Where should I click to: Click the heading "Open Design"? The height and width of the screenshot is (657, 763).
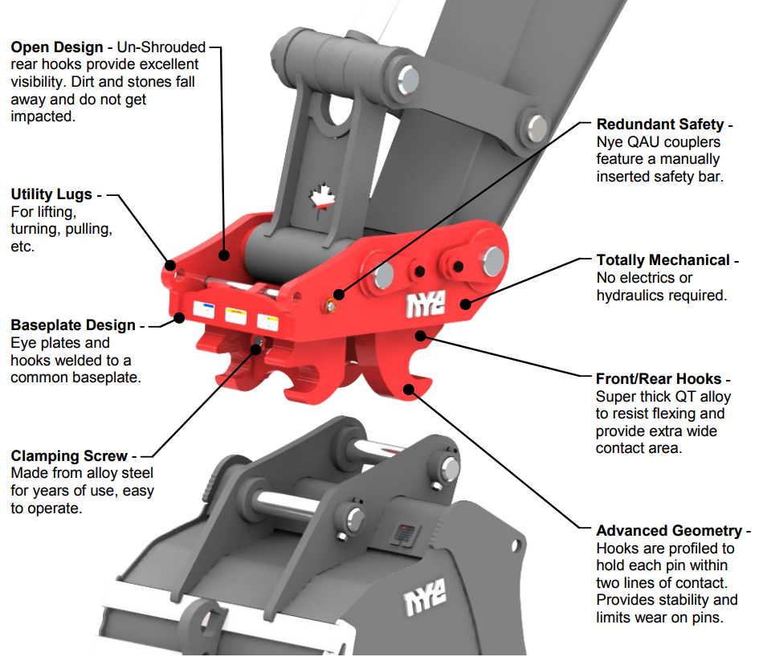(57, 47)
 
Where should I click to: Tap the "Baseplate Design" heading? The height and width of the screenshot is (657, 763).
(73, 325)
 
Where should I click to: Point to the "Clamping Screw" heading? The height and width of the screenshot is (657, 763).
(68, 456)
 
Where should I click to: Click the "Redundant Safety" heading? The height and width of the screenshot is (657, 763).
(659, 124)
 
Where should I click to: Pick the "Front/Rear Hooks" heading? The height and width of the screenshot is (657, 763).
(659, 379)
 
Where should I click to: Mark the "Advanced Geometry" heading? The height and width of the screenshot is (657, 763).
(669, 531)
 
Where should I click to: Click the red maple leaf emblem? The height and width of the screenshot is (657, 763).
(321, 198)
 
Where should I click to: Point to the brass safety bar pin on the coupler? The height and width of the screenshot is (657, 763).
(329, 304)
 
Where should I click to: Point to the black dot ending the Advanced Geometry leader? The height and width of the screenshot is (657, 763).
(409, 390)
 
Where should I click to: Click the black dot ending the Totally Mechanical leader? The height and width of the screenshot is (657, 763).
(465, 304)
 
